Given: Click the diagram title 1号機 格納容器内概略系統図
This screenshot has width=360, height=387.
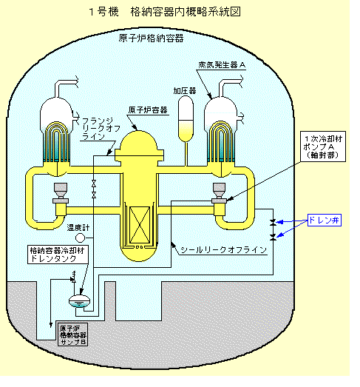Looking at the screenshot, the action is [165, 12].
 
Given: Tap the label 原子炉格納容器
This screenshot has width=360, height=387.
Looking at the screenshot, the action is [151, 38].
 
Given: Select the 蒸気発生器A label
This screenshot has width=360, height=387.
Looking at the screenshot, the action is [222, 65].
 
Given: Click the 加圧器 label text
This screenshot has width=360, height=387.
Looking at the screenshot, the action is [185, 91].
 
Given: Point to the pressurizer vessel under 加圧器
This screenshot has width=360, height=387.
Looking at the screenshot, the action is [186, 119].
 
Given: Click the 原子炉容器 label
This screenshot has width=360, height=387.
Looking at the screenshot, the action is [148, 110].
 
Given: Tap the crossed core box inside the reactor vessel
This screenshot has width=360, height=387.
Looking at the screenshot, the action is [140, 225].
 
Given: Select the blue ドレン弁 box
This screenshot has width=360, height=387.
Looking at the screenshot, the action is [325, 220].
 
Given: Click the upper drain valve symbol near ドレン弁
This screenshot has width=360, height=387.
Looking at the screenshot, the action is [273, 222].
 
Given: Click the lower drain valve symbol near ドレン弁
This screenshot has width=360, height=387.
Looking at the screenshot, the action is [273, 238].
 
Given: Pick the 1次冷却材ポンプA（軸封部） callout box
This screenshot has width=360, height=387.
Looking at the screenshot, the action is [323, 147].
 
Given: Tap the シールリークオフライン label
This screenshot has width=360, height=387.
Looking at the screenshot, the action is [224, 250].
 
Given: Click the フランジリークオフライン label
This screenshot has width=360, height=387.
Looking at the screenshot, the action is [101, 129].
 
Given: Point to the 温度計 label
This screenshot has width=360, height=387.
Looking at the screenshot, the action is [78, 228].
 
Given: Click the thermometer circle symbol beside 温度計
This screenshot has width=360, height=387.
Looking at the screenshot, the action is [80, 238].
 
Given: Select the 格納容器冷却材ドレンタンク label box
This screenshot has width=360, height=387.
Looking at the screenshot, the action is [58, 255].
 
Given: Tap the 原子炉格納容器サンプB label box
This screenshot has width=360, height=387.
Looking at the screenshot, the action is [72, 334].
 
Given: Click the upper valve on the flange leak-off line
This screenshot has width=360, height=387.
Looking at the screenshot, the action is [94, 184].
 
